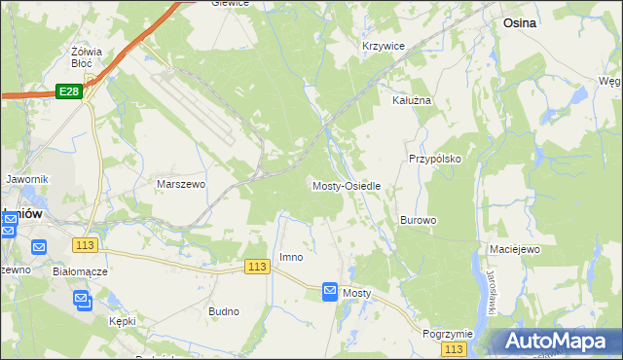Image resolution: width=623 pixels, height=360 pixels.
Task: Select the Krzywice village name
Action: pyautogui.click(x=383, y=46)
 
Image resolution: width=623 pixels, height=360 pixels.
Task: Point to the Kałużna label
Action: pyautogui.click(x=411, y=100)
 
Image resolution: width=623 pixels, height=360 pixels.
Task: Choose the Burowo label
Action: pyautogui.click(x=418, y=220)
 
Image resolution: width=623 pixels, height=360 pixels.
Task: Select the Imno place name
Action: pyautogui.click(x=291, y=257)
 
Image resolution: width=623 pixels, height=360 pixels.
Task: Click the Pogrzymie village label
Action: pyautogui.click(x=448, y=333)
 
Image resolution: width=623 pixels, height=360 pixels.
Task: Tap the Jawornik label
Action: pyautogui.click(x=26, y=179)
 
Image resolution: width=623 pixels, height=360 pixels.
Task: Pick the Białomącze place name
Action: pyautogui.click(x=81, y=271)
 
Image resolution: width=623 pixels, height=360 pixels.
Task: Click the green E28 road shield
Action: pyautogui.click(x=68, y=90)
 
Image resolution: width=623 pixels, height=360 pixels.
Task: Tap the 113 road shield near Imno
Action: pyautogui.click(x=257, y=267)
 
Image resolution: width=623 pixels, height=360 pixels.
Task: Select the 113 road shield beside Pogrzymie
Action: pyautogui.click(x=453, y=348)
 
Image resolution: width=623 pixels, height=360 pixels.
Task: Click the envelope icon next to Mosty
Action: pyautogui.click(x=330, y=291)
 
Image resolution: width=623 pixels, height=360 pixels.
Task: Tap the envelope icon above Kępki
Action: pyautogui.click(x=83, y=301)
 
